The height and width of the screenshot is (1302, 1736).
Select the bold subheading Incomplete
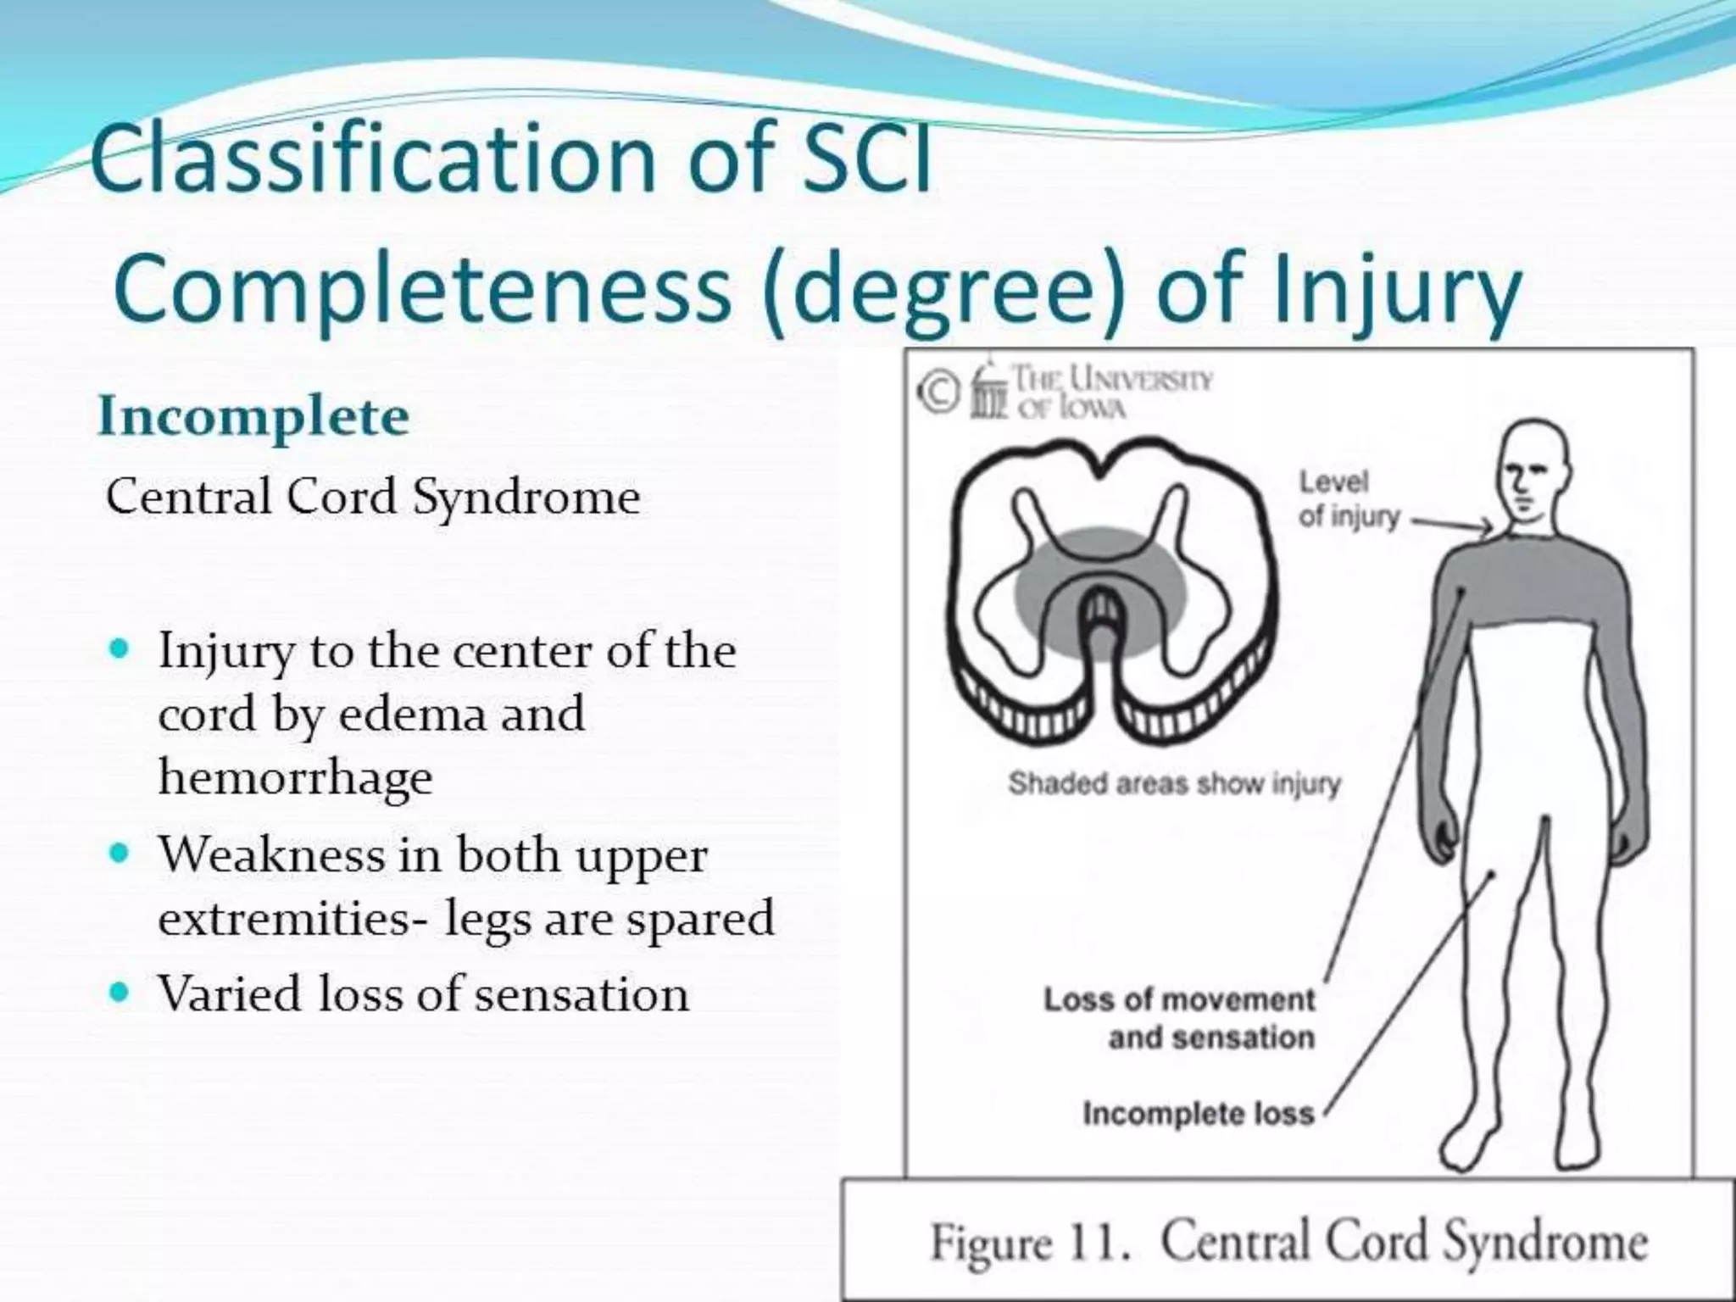tap(253, 417)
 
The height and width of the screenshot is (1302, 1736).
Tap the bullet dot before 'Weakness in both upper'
tap(119, 852)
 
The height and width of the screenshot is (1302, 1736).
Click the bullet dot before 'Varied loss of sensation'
tap(119, 990)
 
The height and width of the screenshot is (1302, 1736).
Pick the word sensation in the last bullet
tap(581, 993)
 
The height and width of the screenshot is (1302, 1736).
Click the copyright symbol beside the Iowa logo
tap(935, 393)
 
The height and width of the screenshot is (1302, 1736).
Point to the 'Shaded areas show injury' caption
tap(1174, 784)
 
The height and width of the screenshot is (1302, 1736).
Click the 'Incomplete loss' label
tap(1198, 1112)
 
